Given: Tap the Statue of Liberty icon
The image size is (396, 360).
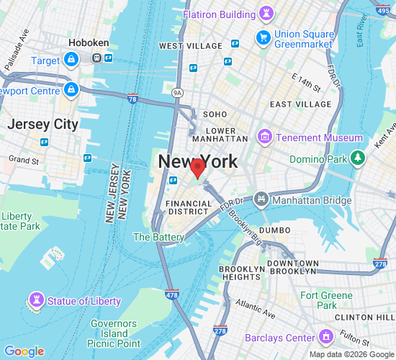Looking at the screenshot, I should pos(35,300).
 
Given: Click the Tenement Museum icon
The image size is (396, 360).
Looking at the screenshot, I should pos(266,138).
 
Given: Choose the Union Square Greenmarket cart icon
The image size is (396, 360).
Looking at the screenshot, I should pos(263,37).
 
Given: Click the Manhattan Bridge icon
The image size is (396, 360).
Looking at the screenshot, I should pos(261,198).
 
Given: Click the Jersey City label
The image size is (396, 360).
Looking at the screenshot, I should pos(42,124).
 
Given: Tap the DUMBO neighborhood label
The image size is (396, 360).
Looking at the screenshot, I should pos(274,230).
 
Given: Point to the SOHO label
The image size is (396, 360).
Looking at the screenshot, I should pos(215,114).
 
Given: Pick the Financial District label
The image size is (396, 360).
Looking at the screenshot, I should pos(189,208).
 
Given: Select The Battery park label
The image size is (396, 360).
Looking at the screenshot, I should pos(158,237).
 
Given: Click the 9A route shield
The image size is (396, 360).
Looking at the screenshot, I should pos(178,93).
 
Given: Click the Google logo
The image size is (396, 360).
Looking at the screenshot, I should pos(24,351).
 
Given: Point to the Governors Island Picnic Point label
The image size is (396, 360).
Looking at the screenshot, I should pos(115,334).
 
